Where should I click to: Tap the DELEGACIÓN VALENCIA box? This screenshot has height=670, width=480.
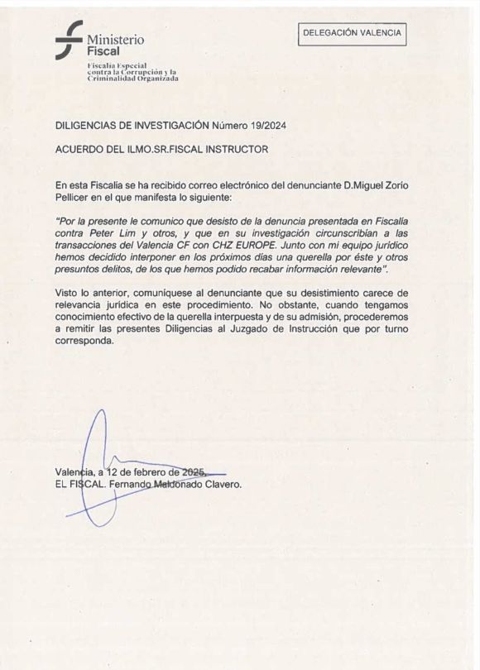[x=353, y=33]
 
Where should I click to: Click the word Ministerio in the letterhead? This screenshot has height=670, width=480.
[x=115, y=39]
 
